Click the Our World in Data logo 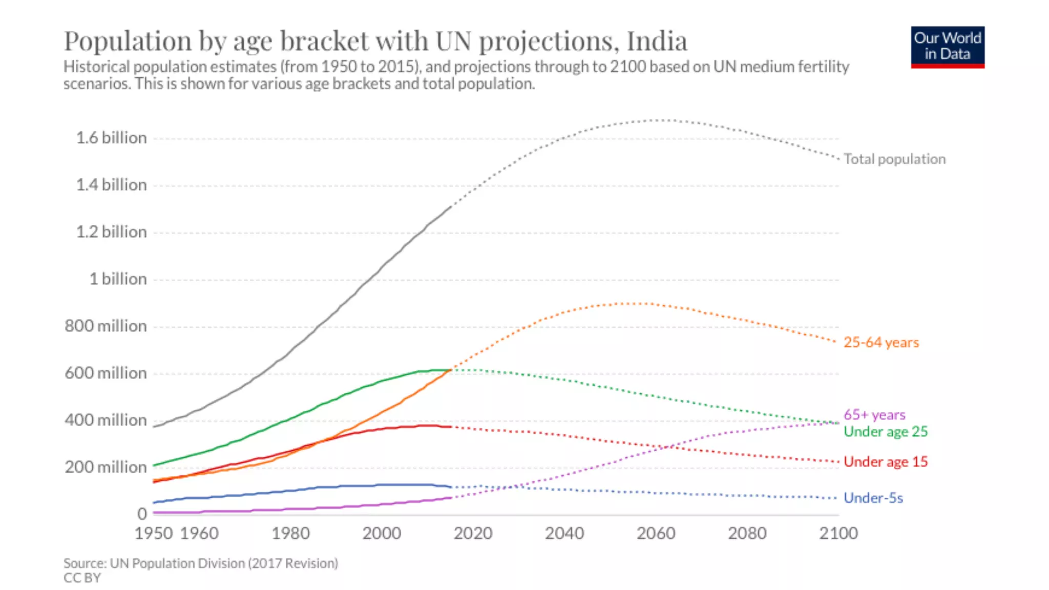(947, 47)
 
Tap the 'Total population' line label (894, 159)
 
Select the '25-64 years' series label (881, 342)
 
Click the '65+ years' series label (874, 414)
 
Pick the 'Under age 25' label (885, 431)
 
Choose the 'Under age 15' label (885, 461)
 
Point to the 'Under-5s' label (873, 498)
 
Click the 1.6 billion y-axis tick (111, 138)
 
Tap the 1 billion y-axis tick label (118, 279)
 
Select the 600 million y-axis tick (106, 373)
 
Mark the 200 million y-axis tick (106, 467)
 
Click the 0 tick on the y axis (142, 514)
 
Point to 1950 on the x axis (153, 533)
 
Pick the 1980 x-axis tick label (290, 533)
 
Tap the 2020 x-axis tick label (473, 533)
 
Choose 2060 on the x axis (656, 533)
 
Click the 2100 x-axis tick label (838, 533)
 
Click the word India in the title (657, 41)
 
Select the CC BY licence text (82, 578)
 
